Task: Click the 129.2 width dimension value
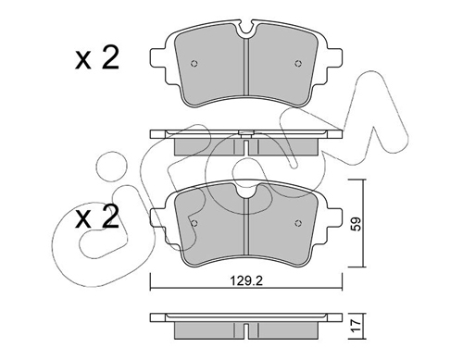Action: click(x=246, y=280)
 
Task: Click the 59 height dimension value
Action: click(x=356, y=224)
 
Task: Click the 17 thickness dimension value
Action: click(x=356, y=326)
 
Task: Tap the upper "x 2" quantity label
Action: click(x=97, y=57)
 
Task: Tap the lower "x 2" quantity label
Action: click(x=97, y=217)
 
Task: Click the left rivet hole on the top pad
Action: click(x=194, y=64)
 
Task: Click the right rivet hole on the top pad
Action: click(x=297, y=64)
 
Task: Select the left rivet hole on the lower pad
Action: click(x=194, y=223)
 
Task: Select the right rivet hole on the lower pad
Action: click(x=297, y=223)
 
